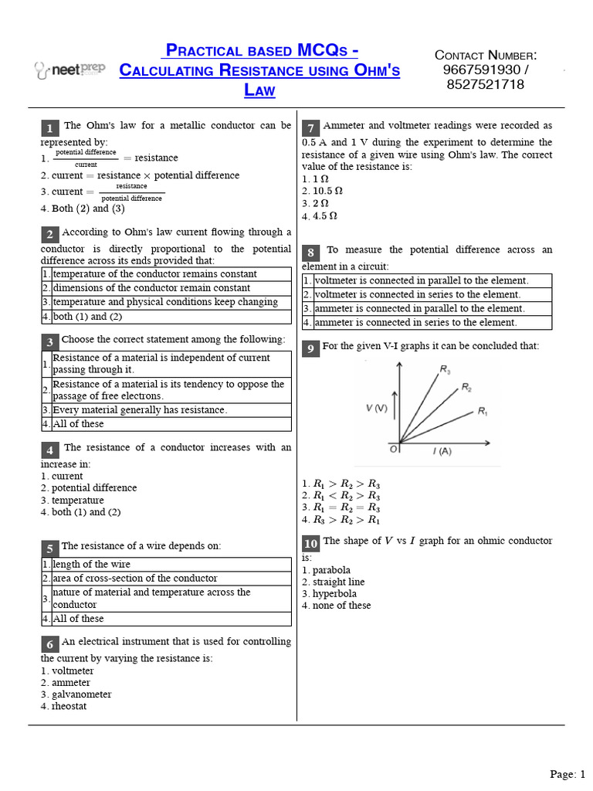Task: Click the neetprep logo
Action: (x=69, y=70)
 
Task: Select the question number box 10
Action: (x=310, y=544)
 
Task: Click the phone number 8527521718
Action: (x=485, y=84)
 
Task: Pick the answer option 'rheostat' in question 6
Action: (x=69, y=706)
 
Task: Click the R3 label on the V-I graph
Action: (x=446, y=370)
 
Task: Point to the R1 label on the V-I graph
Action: (x=483, y=412)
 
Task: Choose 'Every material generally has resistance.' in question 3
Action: (x=140, y=410)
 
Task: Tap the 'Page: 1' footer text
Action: (x=568, y=774)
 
